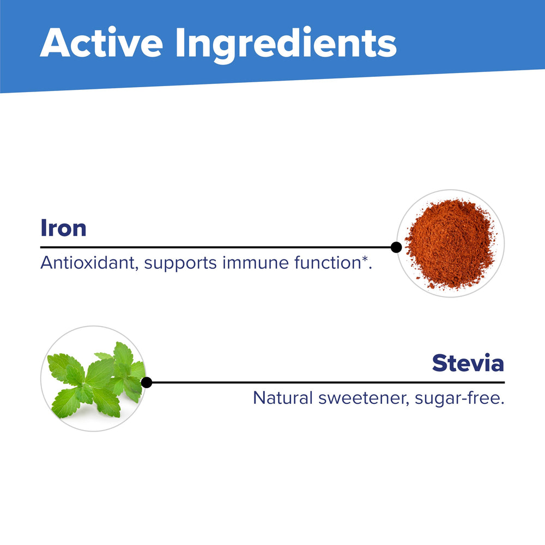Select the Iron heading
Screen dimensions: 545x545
63,228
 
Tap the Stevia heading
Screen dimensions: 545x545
468,363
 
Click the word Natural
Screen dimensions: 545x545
282,398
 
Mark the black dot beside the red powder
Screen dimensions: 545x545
396,247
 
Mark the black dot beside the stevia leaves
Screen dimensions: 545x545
146,383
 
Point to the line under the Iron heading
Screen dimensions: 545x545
218,247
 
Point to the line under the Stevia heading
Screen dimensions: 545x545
327,383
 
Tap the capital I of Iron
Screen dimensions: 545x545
44,228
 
